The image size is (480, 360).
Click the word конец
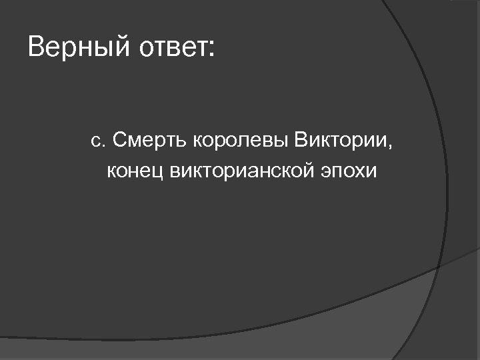[136, 171]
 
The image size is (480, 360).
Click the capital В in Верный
[37, 48]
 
